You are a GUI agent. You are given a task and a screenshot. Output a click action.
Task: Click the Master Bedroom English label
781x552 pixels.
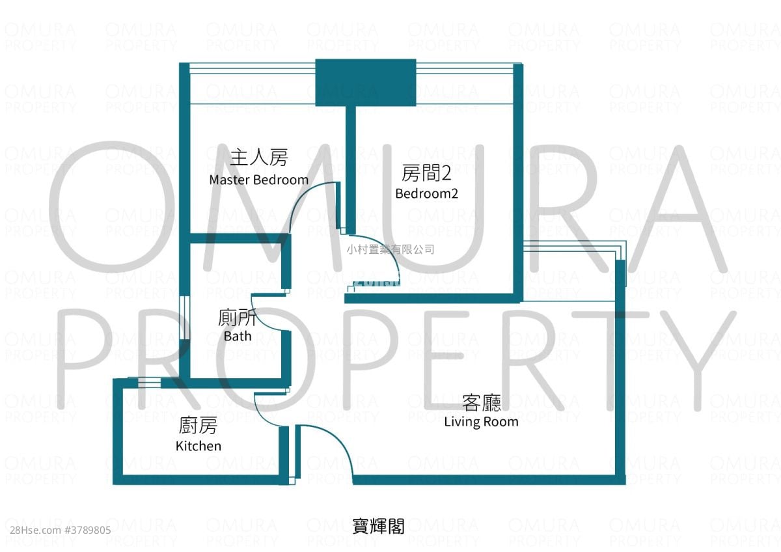click(258, 180)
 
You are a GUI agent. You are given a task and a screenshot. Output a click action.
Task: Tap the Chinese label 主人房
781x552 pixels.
click(258, 157)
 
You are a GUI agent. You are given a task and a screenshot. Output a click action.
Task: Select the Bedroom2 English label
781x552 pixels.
click(426, 193)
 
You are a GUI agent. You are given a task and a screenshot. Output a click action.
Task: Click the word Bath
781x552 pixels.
click(237, 337)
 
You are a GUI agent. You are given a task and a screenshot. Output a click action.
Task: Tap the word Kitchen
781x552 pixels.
click(199, 446)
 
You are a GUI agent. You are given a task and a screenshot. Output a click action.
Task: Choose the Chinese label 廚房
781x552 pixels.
click(198, 426)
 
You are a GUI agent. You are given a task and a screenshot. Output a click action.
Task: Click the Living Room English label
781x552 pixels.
click(481, 421)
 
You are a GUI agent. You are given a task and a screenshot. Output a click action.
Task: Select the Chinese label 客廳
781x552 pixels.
click(481, 402)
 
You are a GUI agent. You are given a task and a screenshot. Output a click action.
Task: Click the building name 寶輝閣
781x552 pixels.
click(378, 526)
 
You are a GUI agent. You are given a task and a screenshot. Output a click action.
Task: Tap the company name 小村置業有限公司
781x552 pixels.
click(390, 249)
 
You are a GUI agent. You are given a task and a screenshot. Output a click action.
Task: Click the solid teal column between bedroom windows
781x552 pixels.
click(365, 82)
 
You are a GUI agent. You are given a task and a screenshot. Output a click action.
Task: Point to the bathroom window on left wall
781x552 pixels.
click(184, 318)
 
